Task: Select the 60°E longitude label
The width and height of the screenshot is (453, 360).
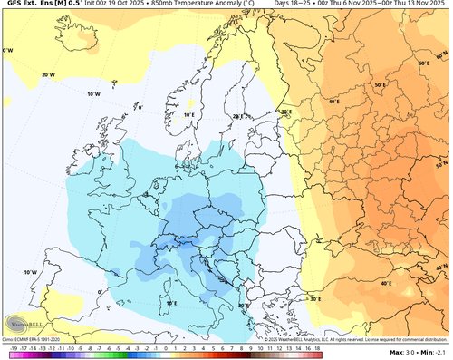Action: tap(423, 63)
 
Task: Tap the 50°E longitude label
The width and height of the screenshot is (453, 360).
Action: tap(381, 84)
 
